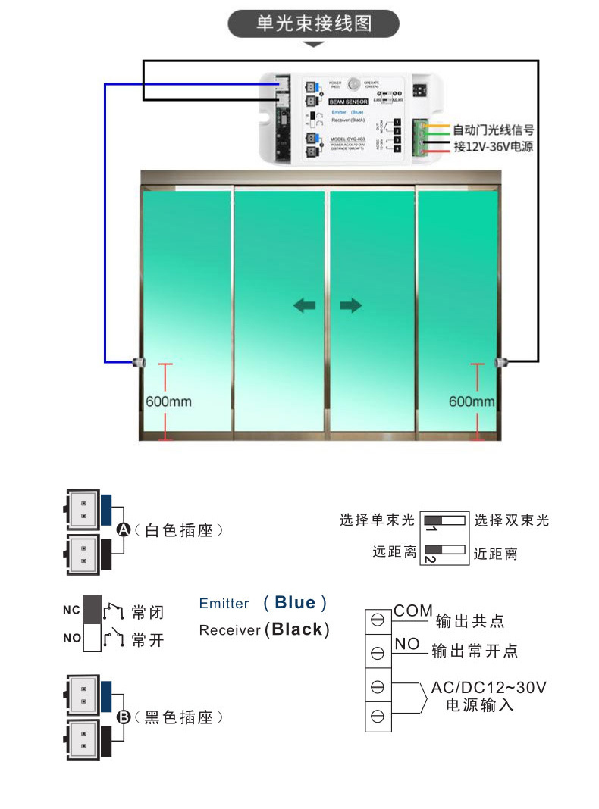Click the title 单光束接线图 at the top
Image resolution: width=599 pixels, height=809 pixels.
[313, 23]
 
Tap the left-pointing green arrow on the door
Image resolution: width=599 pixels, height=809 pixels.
[305, 305]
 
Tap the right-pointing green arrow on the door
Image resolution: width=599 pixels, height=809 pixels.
[350, 305]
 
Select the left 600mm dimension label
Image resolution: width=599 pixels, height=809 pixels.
[168, 401]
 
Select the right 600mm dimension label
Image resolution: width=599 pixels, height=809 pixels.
[472, 401]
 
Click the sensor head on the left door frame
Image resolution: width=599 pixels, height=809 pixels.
[138, 361]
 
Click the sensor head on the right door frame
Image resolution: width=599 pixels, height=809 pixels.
[500, 362]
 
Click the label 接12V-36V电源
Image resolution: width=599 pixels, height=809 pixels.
[493, 146]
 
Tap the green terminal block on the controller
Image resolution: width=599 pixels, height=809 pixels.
[420, 139]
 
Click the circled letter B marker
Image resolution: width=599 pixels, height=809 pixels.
[125, 716]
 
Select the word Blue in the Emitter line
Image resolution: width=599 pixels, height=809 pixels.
[295, 603]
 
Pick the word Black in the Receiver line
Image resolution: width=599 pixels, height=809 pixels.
[296, 629]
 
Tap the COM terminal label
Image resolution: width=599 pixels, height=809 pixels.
[412, 611]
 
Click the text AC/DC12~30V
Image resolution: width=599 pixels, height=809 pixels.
[488, 688]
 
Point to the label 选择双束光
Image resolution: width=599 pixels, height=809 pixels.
[511, 520]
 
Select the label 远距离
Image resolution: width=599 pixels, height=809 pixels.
[394, 552]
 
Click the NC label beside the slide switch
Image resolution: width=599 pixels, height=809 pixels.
[72, 610]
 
